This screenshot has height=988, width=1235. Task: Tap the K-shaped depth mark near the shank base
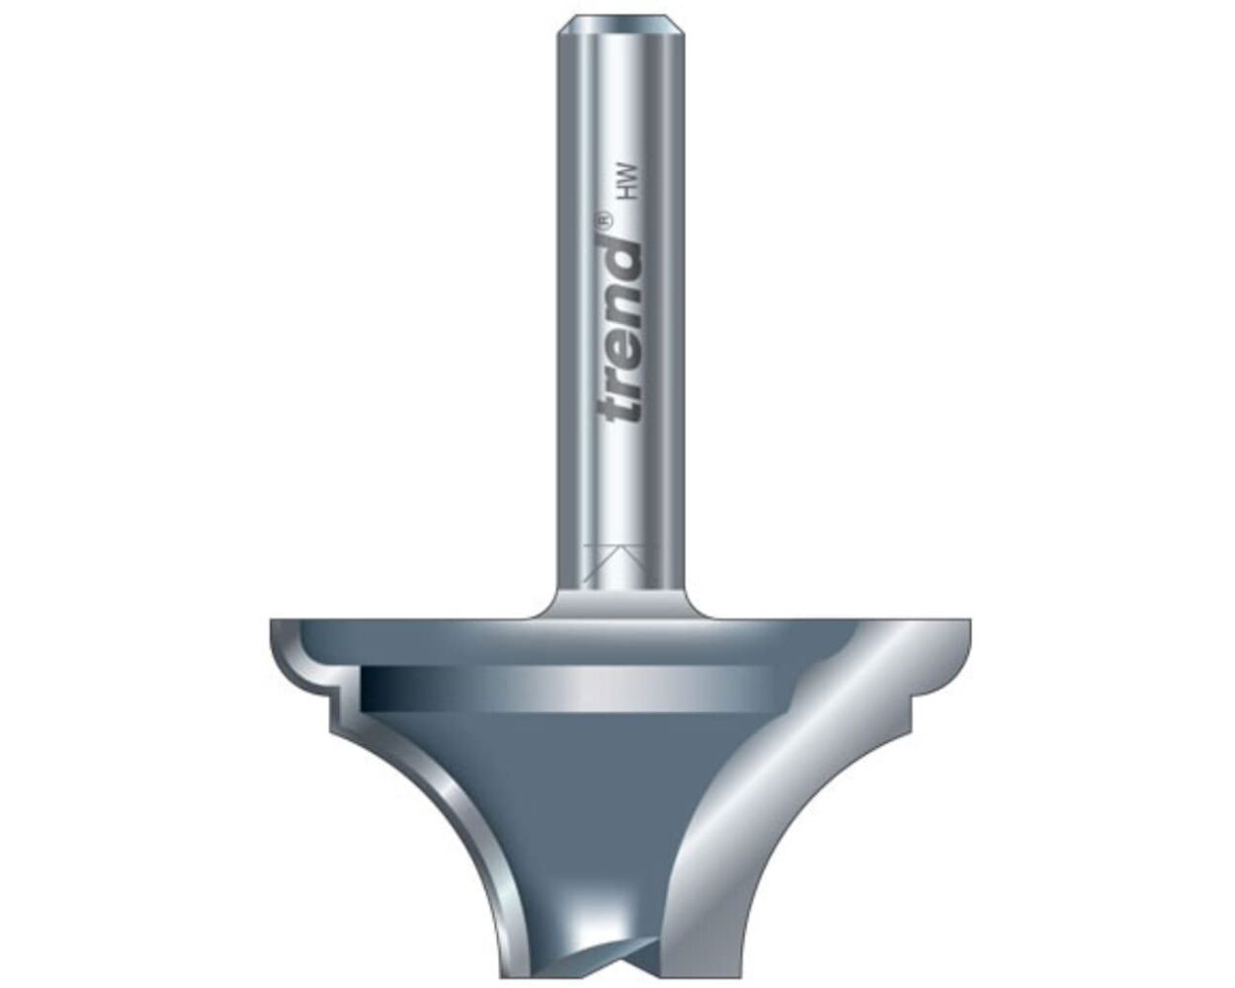[618, 563]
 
